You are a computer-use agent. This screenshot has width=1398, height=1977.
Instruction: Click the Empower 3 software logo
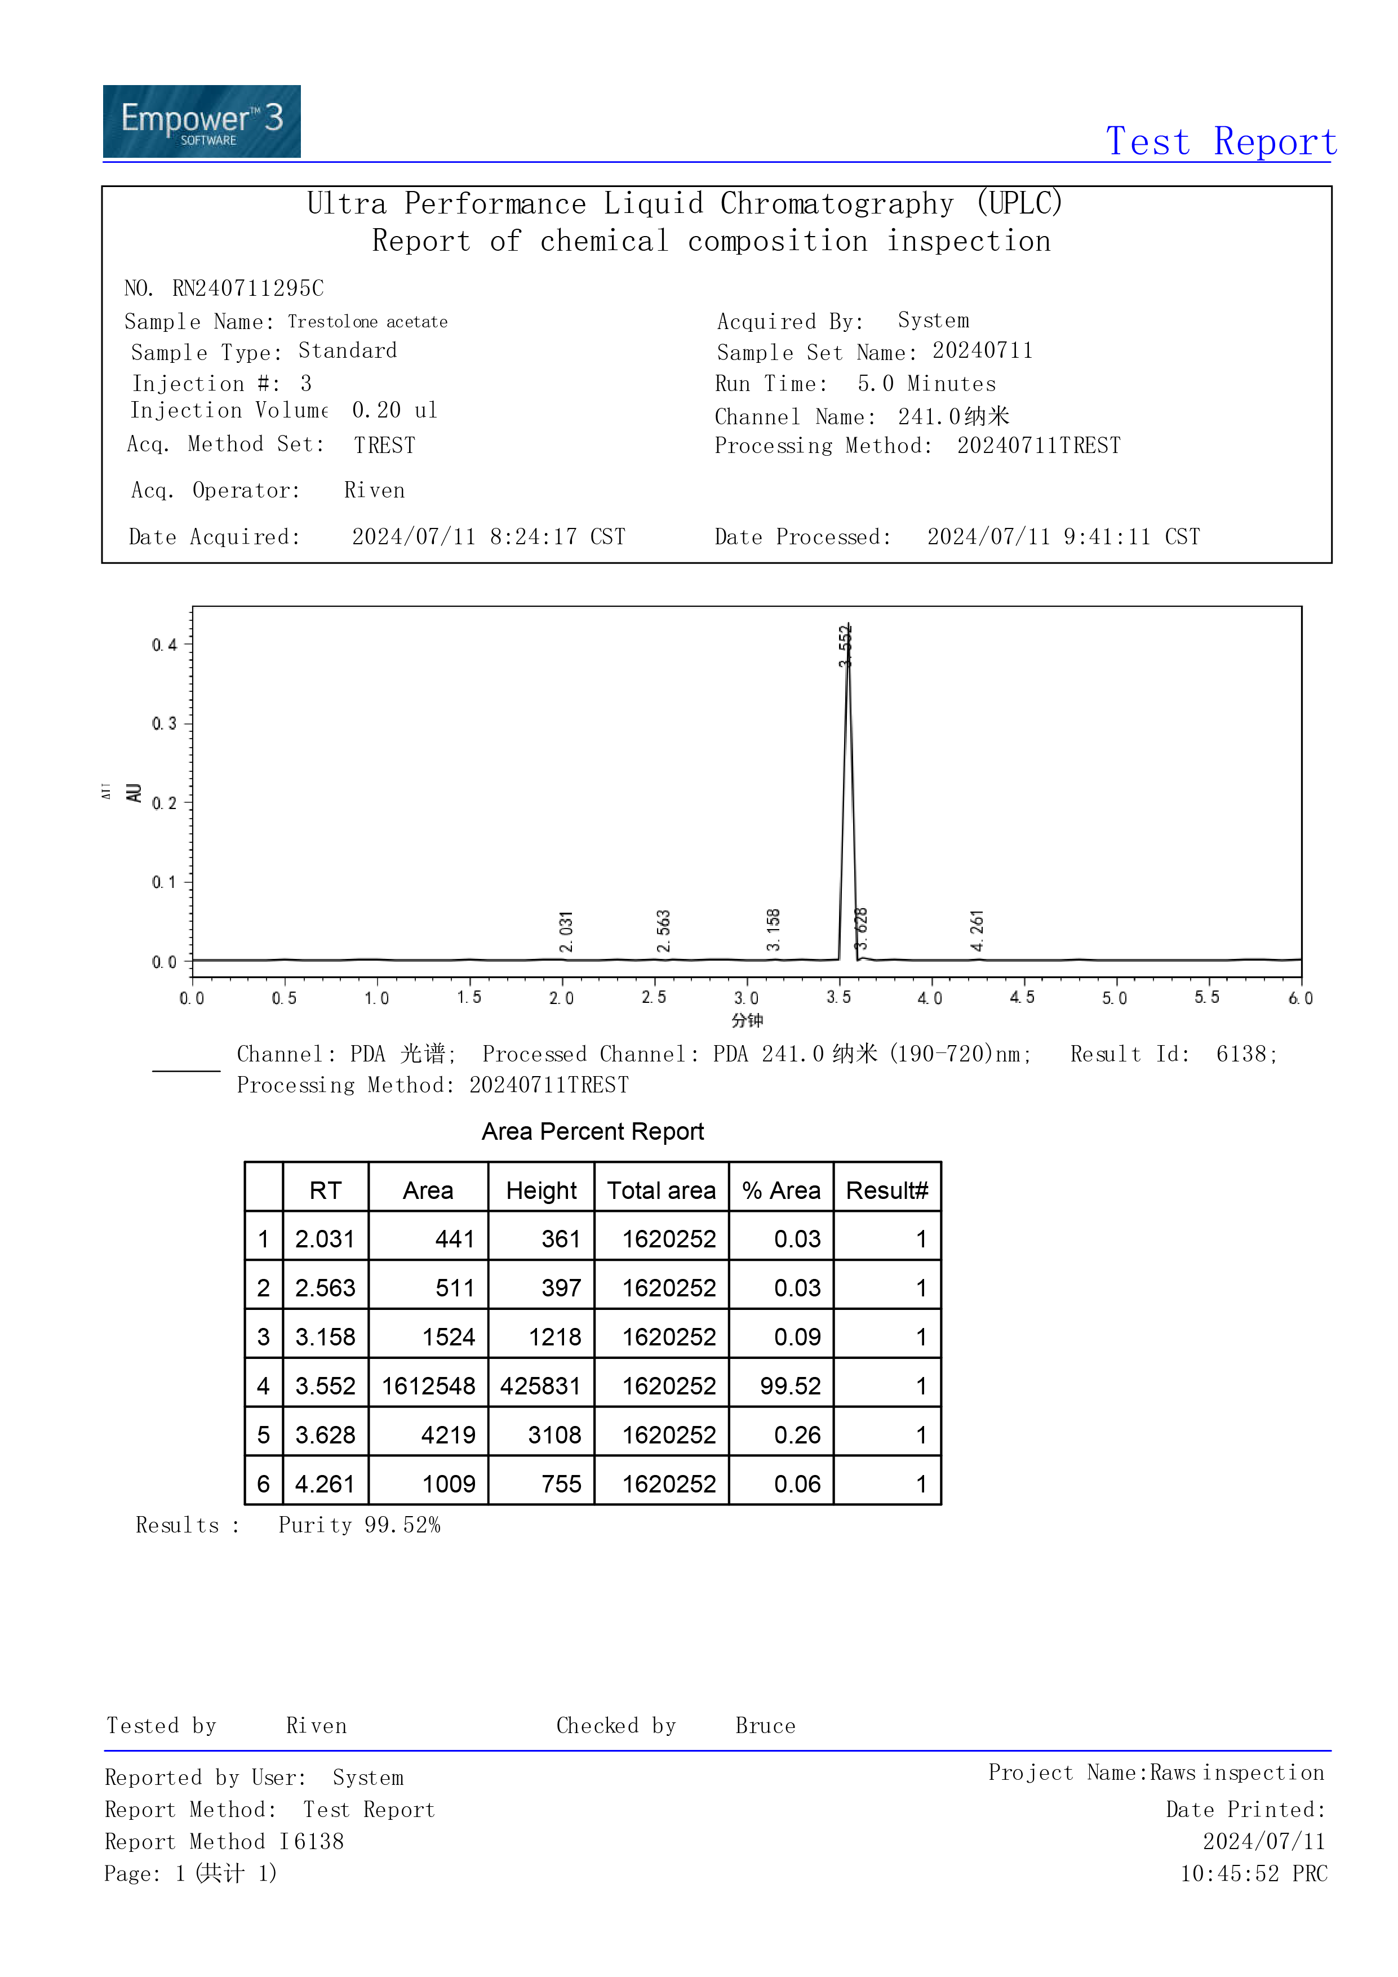(202, 121)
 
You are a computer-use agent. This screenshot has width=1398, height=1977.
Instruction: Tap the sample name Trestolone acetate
(368, 322)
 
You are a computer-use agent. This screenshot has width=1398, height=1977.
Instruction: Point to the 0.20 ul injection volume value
(394, 411)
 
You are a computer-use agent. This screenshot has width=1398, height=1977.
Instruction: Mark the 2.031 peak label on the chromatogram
(566, 932)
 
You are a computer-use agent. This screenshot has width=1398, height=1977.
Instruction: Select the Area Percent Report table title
(593, 1131)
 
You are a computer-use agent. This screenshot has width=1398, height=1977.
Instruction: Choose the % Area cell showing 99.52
(790, 1387)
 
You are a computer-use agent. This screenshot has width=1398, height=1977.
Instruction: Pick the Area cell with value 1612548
(428, 1387)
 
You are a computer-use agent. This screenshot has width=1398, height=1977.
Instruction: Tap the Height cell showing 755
(561, 1485)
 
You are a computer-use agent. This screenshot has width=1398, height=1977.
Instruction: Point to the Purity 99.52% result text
(359, 1526)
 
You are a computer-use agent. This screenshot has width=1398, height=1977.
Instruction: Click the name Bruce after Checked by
(765, 1726)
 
